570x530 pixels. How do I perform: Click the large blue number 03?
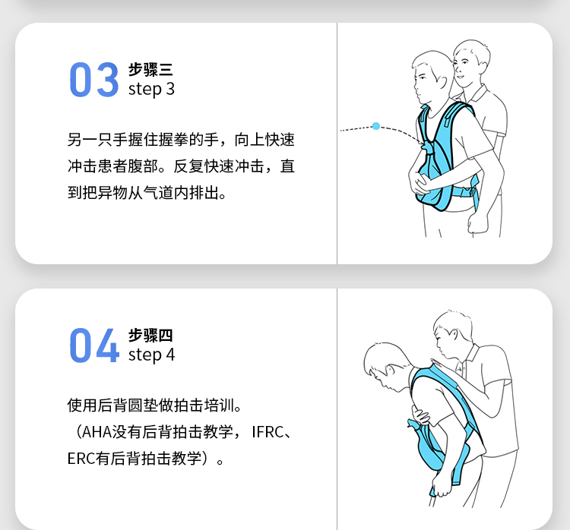(93, 80)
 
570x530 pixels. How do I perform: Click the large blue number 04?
(94, 345)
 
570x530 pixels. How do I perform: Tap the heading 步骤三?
(150, 69)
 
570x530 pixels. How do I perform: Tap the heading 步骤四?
(150, 336)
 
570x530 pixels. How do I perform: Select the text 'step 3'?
(151, 90)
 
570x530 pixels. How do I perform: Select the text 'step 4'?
(151, 355)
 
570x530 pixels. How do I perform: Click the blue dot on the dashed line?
(376, 126)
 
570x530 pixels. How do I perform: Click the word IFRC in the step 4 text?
(268, 432)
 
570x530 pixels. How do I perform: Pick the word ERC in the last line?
(81, 459)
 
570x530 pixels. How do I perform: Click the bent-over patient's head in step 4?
(388, 366)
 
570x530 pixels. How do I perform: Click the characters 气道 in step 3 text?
(158, 193)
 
